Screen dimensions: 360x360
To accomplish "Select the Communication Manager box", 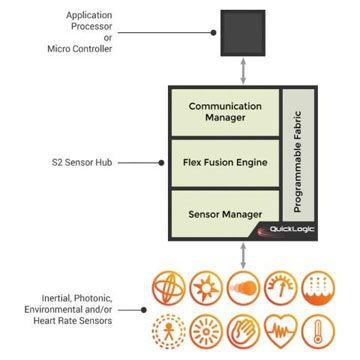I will (225, 112).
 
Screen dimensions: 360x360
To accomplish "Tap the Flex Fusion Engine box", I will (225, 162).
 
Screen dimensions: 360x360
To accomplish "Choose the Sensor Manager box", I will (225, 213).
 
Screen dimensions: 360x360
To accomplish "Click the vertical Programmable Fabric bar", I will (298, 161).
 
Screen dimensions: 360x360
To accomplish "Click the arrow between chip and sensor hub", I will (243, 71).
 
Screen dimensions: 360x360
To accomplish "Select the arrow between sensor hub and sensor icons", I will (243, 254).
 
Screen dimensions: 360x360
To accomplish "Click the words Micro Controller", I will (80, 48).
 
